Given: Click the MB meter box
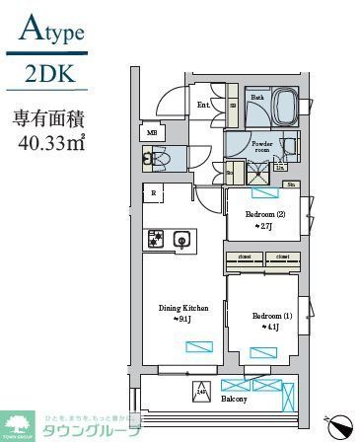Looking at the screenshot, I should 152,132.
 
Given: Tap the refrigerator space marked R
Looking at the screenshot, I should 154,193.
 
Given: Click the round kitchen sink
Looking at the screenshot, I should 181,238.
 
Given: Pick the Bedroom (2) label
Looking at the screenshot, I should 263,215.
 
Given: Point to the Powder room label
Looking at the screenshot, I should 261,147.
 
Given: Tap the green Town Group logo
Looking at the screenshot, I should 19,425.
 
